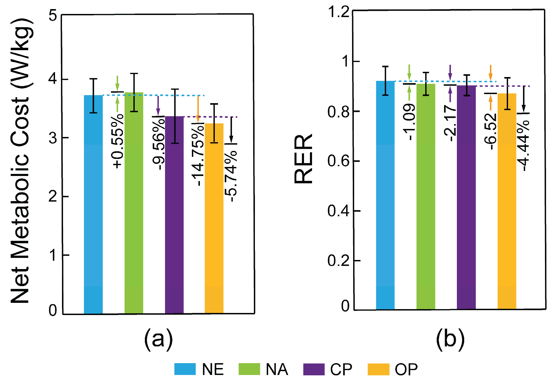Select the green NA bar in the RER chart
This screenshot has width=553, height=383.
[x=426, y=199]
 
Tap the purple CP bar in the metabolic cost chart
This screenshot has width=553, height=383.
[x=174, y=216]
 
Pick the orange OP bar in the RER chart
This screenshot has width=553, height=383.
[x=507, y=202]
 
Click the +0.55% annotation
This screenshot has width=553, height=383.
[x=118, y=141]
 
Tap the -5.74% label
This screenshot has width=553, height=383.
[x=231, y=176]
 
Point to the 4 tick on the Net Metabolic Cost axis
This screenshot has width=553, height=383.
[x=53, y=79]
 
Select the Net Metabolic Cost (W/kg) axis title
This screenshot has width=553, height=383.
[x=22, y=160]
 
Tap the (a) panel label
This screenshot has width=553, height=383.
[x=158, y=338]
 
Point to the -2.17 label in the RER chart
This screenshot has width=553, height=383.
[x=450, y=124]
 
